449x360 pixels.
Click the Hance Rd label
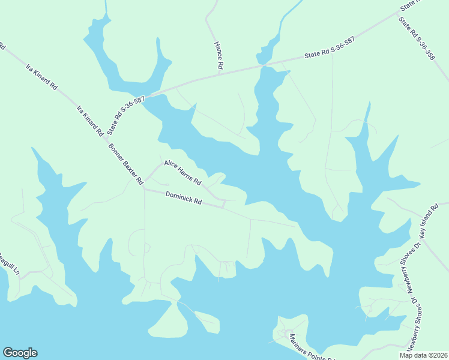[x=220, y=55]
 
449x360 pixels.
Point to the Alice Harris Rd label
[x=182, y=173]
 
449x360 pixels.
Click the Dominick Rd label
[x=183, y=197]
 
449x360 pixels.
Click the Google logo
[x=20, y=353]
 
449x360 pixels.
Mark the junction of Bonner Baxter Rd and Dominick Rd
[x=144, y=189]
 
